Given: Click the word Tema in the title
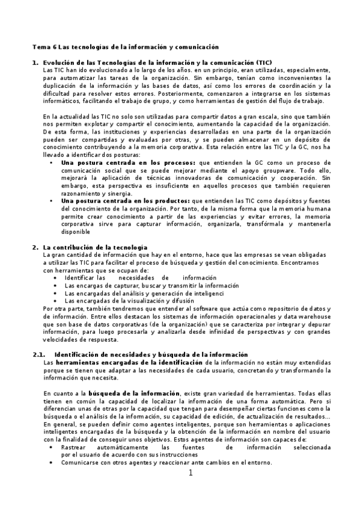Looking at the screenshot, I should [x=40, y=46].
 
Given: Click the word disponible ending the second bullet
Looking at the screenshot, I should [x=76, y=231].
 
